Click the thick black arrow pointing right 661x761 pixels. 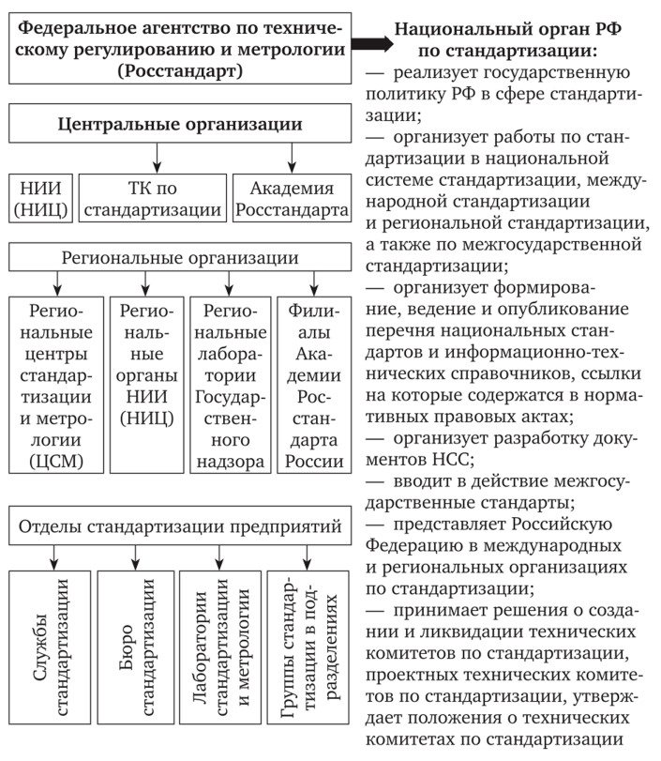tap(372, 44)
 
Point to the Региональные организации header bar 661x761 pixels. tap(180, 258)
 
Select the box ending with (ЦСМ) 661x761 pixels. tap(54, 385)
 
